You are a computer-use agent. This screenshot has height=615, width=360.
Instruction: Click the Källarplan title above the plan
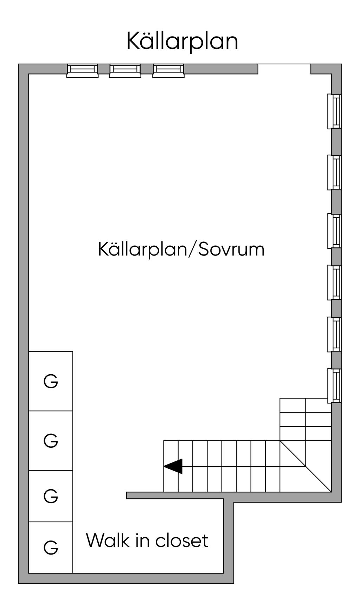[182, 41]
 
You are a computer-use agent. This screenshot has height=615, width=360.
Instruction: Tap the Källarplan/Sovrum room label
[181, 250]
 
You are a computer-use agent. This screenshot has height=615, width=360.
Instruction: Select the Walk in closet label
[147, 540]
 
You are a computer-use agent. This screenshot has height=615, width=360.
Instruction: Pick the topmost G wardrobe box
[51, 381]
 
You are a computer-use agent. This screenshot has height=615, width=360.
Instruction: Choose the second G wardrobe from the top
[51, 441]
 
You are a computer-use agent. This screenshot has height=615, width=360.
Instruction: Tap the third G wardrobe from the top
[51, 496]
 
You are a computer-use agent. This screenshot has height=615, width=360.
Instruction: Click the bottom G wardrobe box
[51, 548]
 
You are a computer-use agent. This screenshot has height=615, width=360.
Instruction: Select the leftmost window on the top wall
[83, 70]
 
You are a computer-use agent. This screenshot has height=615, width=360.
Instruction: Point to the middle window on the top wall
[125, 70]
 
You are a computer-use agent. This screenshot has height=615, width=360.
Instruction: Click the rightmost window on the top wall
[168, 70]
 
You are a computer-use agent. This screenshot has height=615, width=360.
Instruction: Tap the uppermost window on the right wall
[335, 111]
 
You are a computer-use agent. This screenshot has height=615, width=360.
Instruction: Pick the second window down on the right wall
[335, 172]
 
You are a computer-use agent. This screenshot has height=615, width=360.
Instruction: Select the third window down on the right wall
[335, 231]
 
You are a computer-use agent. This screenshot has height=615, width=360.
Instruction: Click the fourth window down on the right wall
[335, 282]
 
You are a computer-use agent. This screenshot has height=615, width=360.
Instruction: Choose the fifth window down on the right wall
[335, 334]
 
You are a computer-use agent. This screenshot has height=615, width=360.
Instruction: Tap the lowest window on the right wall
[335, 386]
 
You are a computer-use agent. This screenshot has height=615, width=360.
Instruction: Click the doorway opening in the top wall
[284, 69]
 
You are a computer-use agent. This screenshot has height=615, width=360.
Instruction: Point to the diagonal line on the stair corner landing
[306, 466]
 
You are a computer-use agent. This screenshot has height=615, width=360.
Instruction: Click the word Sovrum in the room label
[231, 250]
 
